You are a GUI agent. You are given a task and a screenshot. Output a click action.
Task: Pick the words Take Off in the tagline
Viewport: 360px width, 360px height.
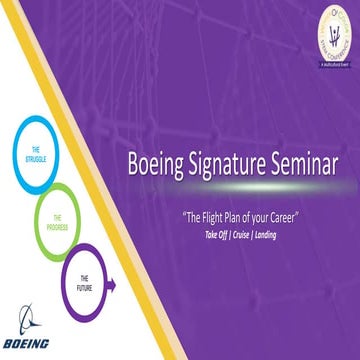point(214,233)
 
